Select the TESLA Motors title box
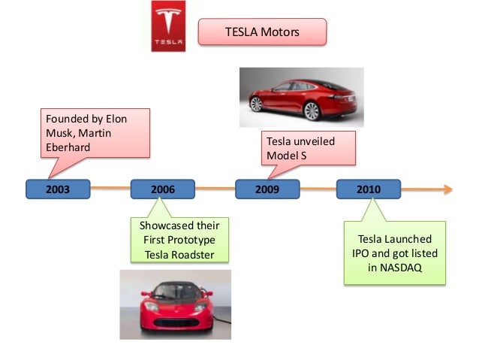click(262, 32)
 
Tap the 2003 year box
click(58, 189)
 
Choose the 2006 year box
click(162, 189)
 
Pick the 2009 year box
click(267, 189)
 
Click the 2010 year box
click(368, 189)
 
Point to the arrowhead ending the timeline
click(447, 189)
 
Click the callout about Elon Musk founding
click(94, 133)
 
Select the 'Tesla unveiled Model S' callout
click(308, 149)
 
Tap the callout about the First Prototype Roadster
click(179, 240)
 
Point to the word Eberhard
click(68, 147)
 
